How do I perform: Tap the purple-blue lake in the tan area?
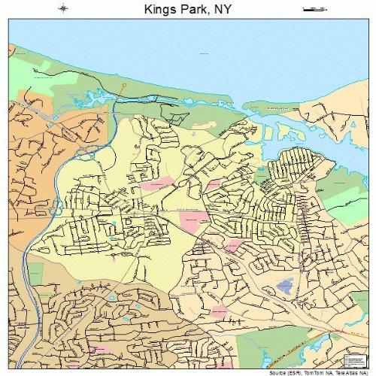click(x=286, y=285)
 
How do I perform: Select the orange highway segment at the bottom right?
click(x=331, y=331)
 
